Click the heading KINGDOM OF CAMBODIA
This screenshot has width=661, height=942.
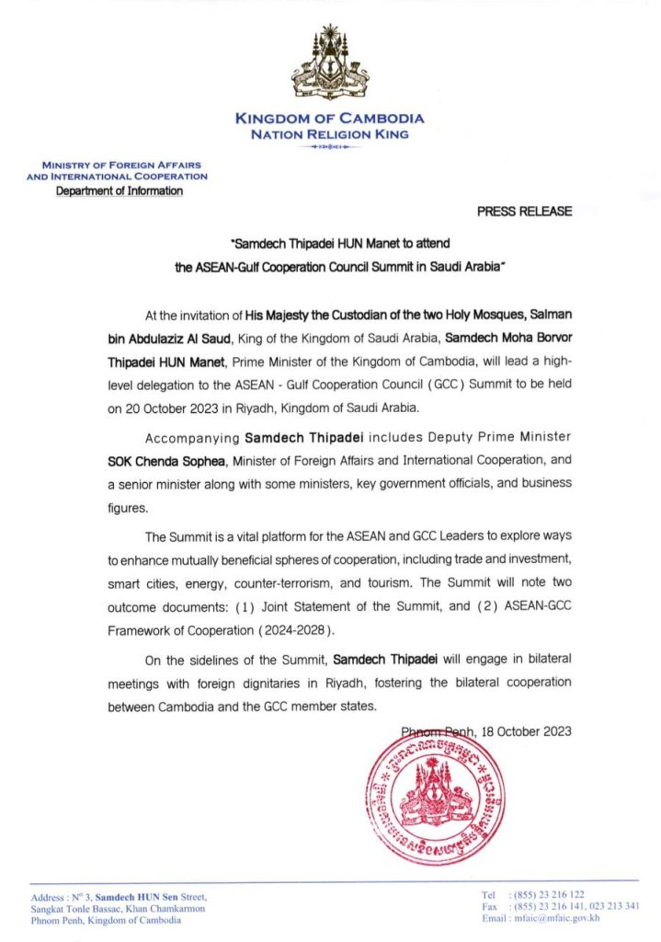tap(330, 119)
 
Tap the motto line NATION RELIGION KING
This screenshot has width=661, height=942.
tap(330, 134)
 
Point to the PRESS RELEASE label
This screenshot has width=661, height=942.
tap(524, 212)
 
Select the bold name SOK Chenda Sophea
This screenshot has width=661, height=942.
tap(159, 460)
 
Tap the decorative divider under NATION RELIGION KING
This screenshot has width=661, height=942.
tap(330, 146)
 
